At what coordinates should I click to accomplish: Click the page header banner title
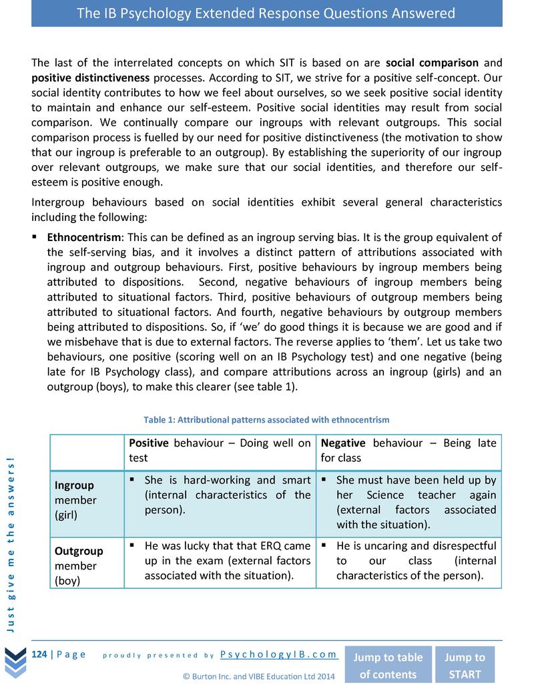tap(266, 13)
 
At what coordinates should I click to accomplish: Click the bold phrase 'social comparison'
tap(433, 63)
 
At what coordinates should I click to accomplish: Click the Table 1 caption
tap(266, 420)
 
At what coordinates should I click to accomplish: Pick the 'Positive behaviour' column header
tap(220, 450)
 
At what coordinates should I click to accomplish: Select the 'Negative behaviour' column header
tap(409, 450)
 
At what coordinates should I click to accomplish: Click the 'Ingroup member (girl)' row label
tap(75, 500)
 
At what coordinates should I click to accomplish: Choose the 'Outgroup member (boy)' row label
tap(79, 565)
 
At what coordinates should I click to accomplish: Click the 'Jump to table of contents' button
tap(388, 665)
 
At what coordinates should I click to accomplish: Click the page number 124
tap(39, 654)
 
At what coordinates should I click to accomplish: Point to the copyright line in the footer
tap(259, 676)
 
